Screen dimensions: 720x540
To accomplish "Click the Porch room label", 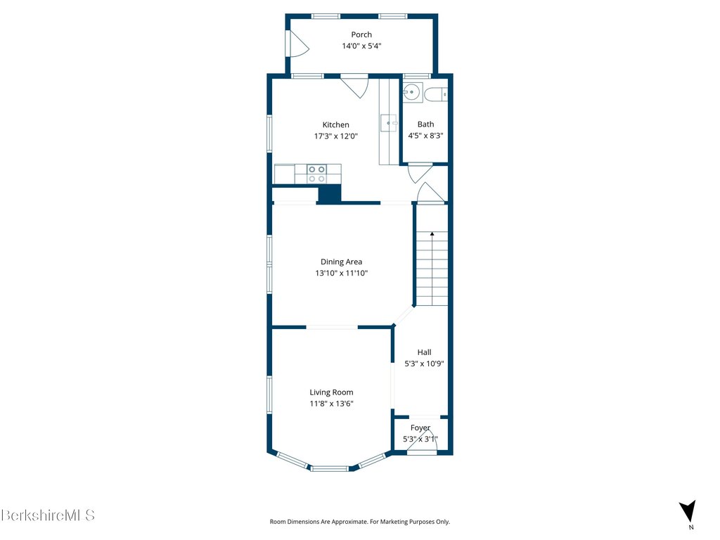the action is [361, 34].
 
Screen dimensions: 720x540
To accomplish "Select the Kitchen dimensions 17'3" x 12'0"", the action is [335, 136].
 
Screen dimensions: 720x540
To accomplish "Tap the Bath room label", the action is [425, 124].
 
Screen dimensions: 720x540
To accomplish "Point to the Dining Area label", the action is [341, 262].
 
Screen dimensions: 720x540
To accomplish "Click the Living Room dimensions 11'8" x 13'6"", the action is [331, 404].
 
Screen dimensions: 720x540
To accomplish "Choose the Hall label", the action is [424, 352].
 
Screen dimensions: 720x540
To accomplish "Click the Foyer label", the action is [420, 428].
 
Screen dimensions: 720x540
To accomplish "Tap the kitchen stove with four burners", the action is [317, 174].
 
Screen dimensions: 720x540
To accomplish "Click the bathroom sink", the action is [412, 92].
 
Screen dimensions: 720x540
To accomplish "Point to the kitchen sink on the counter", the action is [389, 123].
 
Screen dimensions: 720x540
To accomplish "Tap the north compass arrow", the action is [688, 511].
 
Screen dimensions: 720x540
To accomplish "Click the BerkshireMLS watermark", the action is [48, 515].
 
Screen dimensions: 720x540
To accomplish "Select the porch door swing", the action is [298, 43].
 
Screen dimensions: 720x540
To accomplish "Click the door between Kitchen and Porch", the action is [354, 86].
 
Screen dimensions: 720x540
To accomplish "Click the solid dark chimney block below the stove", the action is [330, 193].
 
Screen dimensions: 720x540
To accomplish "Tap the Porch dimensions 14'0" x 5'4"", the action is [361, 46].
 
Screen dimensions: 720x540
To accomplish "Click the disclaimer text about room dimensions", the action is [359, 522].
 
